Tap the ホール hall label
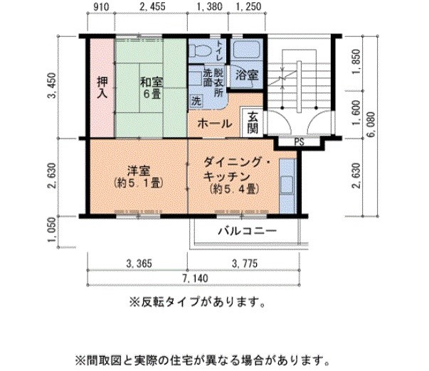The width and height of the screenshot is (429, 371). (214, 124)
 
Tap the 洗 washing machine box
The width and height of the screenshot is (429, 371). (196, 101)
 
